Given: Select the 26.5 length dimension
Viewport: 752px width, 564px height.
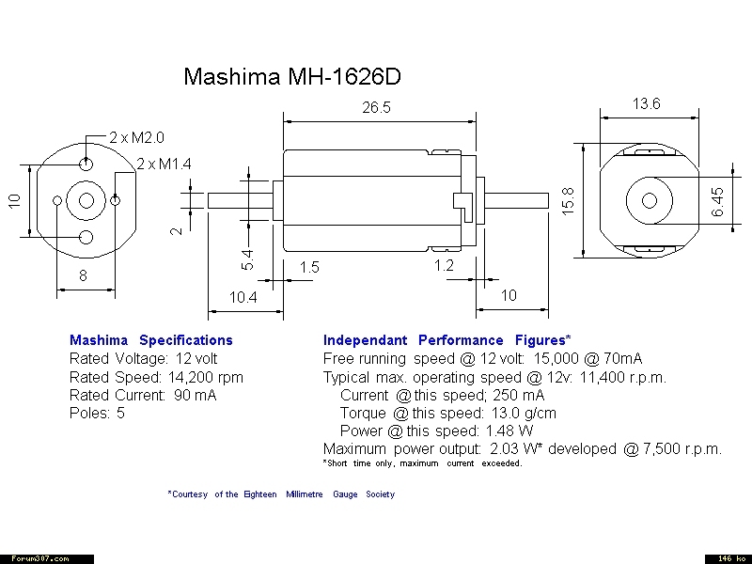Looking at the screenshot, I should (376, 108).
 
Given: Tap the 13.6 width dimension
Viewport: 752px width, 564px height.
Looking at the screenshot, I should (646, 104).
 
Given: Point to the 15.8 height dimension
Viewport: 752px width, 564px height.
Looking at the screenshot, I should (568, 200).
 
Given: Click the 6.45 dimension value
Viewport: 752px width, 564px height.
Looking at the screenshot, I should (717, 201).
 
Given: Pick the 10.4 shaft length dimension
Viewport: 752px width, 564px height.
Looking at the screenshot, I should (243, 297).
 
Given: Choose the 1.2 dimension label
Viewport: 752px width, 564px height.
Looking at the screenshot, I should (444, 266).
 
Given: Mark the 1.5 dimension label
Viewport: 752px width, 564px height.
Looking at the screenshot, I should (309, 268).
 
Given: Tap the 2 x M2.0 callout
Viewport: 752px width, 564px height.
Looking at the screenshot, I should (136, 137).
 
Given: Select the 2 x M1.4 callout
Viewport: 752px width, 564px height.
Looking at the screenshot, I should (164, 164).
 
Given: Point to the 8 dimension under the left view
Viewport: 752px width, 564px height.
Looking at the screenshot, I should (83, 275).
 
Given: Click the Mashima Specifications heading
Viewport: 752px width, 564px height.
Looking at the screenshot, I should (150, 340).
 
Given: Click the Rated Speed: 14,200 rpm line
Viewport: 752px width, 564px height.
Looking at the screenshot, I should (156, 377).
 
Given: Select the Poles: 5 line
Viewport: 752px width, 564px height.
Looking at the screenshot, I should (97, 413).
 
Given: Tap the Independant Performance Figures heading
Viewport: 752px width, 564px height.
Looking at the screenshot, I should (446, 340).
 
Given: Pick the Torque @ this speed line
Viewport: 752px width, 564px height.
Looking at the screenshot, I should (447, 413).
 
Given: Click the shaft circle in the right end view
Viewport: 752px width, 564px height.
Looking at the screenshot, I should (649, 200).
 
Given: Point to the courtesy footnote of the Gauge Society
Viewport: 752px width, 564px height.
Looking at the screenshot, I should (281, 494).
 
